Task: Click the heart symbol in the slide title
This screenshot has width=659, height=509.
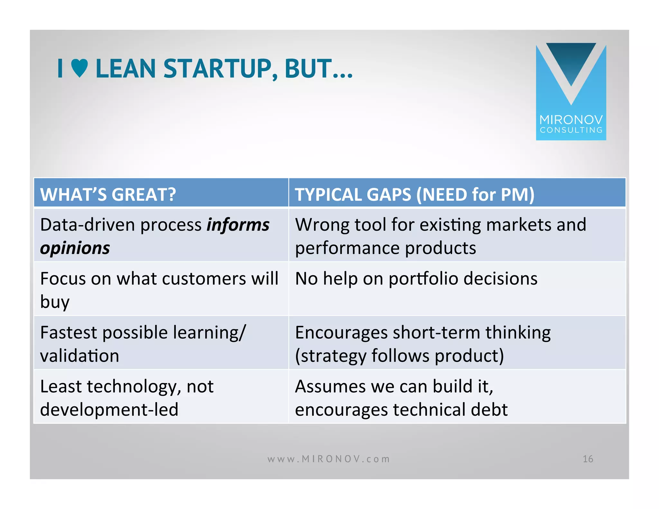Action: point(79,69)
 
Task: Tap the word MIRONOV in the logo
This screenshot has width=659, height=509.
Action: point(571,120)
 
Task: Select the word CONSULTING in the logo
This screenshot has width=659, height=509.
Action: point(571,130)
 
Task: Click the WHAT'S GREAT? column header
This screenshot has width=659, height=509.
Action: point(108,194)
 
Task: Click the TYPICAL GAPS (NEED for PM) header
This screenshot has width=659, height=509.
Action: point(414,194)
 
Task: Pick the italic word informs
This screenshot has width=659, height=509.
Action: point(238,225)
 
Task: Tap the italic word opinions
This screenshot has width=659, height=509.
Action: point(75,248)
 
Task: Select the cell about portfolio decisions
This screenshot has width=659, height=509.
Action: point(416,279)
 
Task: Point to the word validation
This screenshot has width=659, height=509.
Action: point(79,356)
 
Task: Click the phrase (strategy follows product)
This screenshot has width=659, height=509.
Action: point(399,356)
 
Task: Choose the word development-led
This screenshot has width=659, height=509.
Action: point(109,410)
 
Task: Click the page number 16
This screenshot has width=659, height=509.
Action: point(588,459)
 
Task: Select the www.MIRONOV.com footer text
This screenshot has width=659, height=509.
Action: point(329,459)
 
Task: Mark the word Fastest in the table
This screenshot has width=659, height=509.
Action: point(68,333)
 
